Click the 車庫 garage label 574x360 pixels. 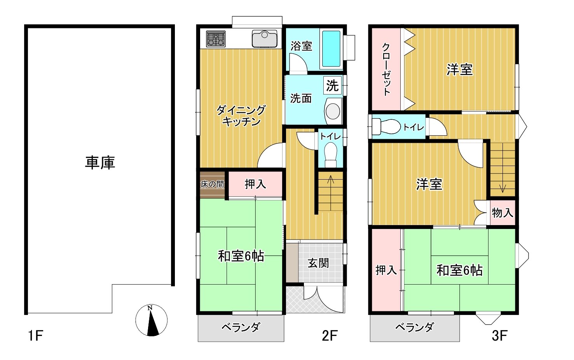point(100,163)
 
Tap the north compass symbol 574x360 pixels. point(151,320)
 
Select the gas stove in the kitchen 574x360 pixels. point(216,39)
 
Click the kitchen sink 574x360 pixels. point(264,39)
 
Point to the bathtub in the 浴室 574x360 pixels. point(331,49)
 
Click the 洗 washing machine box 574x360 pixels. point(332,85)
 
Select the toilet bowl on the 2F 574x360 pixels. point(331,155)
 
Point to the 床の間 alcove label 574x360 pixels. point(212,184)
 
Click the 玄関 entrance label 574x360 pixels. point(318,263)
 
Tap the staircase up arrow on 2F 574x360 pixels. point(331,192)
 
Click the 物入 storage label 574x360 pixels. point(502,213)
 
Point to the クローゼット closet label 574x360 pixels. point(386,70)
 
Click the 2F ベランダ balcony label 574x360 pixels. point(241,327)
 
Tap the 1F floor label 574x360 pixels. point(35,336)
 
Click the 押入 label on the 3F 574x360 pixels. point(386,270)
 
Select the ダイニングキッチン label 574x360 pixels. point(241,116)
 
